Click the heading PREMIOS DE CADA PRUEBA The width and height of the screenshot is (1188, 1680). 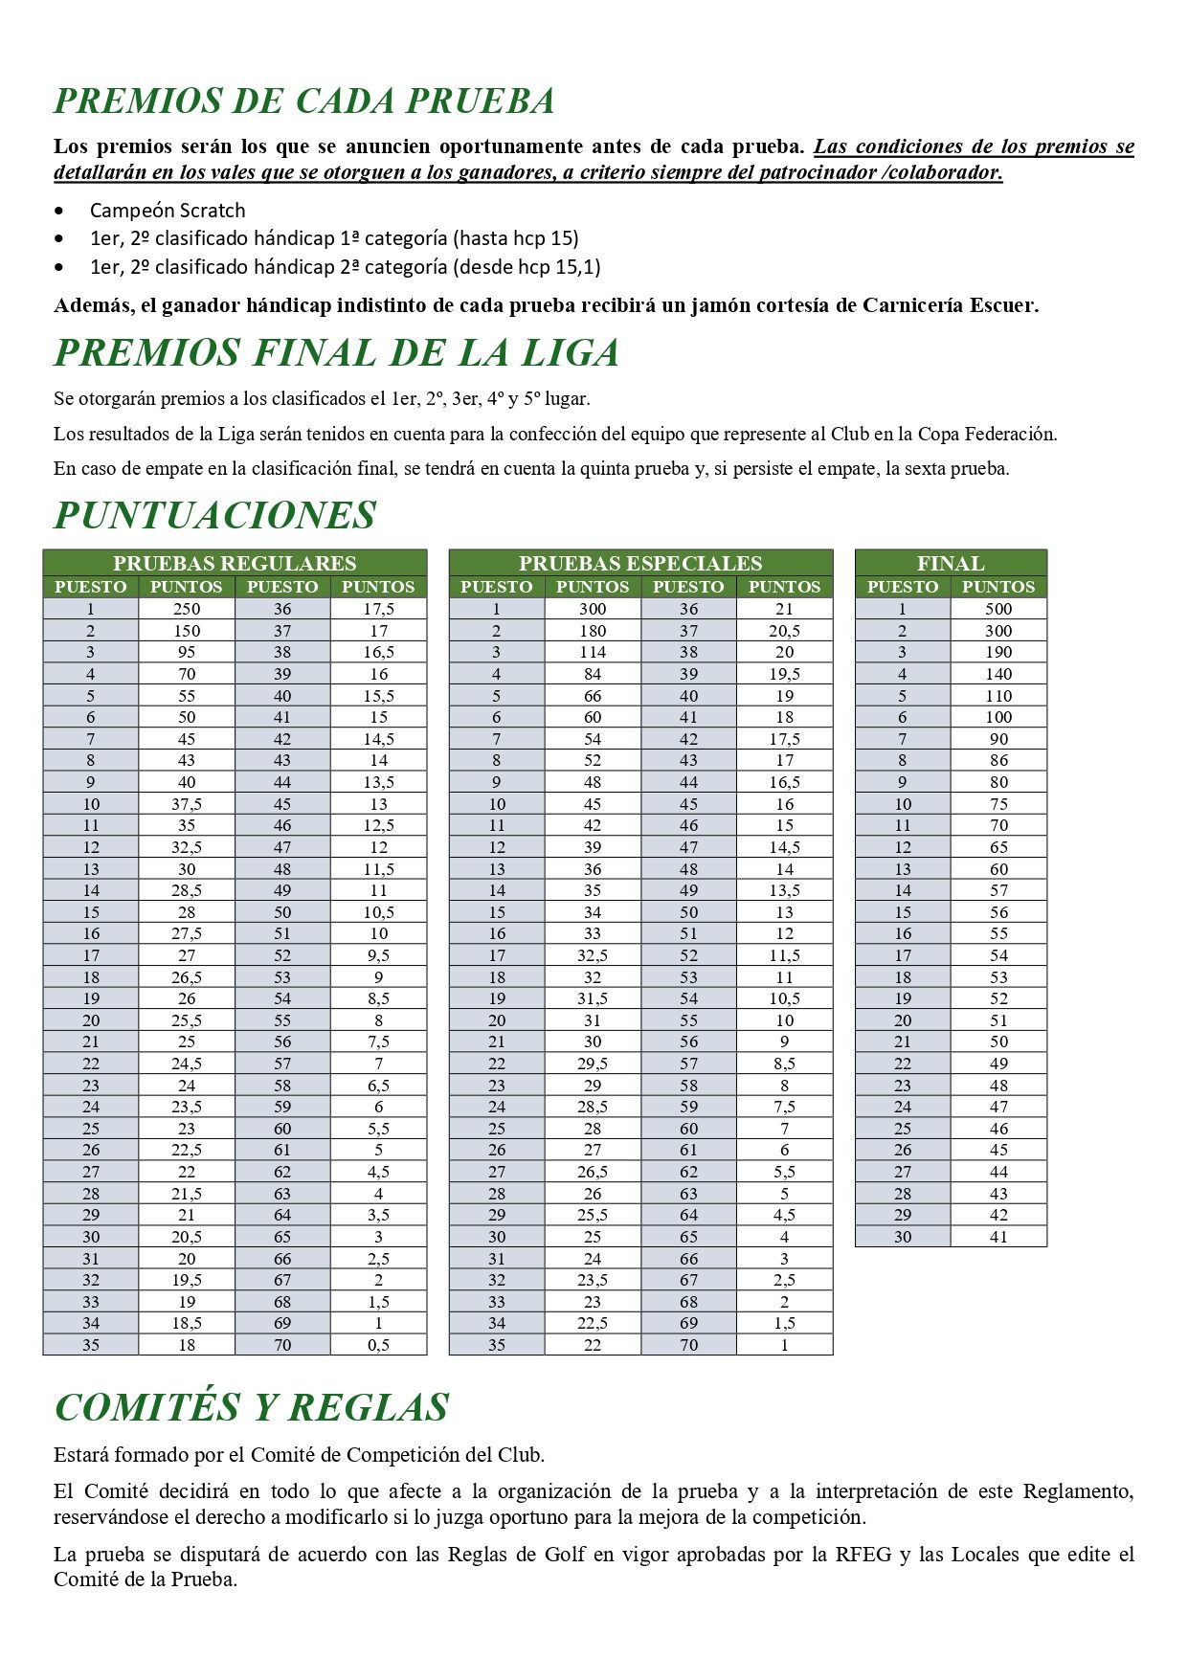click(x=304, y=101)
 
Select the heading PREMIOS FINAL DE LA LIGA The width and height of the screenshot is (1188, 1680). click(x=336, y=353)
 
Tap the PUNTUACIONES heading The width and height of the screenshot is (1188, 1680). click(x=214, y=515)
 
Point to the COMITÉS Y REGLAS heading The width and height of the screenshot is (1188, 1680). click(x=252, y=1407)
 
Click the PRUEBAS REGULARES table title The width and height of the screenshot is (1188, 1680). click(x=235, y=563)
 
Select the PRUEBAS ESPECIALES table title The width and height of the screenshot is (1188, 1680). click(x=640, y=563)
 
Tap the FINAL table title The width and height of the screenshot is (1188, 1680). click(x=951, y=563)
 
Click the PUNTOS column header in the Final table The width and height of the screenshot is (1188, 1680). click(x=998, y=587)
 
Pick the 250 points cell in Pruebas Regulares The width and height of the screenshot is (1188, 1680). click(x=187, y=609)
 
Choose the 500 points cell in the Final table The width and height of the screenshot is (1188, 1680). click(x=998, y=609)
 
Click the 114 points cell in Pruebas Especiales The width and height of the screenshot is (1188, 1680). click(x=593, y=652)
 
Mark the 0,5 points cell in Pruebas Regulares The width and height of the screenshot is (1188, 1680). click(x=378, y=1345)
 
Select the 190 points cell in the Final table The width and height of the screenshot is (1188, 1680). click(x=998, y=652)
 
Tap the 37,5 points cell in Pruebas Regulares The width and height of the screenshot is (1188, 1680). click(x=187, y=804)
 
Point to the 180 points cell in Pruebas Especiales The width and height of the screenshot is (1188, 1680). click(x=593, y=631)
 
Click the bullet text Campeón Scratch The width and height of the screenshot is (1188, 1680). click(x=168, y=211)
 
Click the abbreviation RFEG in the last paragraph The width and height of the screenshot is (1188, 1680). click(x=863, y=1555)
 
